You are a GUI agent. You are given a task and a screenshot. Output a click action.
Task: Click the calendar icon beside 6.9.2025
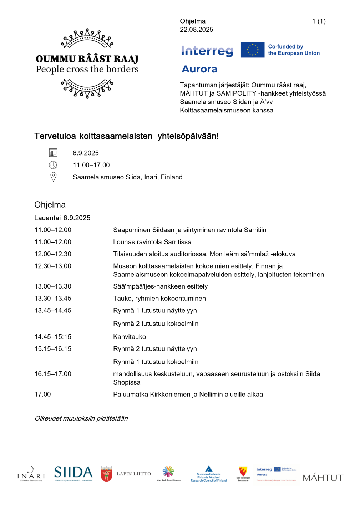pyautogui.click(x=53, y=153)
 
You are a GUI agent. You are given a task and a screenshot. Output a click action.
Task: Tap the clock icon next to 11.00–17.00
pyautogui.click(x=53, y=165)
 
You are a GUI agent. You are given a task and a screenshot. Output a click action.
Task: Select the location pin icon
pyautogui.click(x=54, y=177)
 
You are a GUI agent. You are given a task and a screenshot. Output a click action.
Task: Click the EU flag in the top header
pyautogui.click(x=252, y=50)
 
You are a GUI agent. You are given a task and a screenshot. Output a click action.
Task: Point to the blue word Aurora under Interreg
pyautogui.click(x=199, y=69)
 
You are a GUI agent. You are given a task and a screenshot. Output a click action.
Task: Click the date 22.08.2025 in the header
pyautogui.click(x=196, y=30)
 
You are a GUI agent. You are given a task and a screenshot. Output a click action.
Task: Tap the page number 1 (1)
pyautogui.click(x=319, y=21)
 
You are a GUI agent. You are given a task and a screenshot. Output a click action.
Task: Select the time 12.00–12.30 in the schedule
pyautogui.click(x=53, y=254)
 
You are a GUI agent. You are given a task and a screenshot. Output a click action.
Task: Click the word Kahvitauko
pyautogui.click(x=130, y=337)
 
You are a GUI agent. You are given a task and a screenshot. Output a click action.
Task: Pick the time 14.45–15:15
pyautogui.click(x=53, y=337)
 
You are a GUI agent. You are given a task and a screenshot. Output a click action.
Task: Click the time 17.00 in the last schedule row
pyautogui.click(x=42, y=394)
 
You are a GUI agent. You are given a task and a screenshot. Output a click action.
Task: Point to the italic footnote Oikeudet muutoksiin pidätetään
pyautogui.click(x=81, y=418)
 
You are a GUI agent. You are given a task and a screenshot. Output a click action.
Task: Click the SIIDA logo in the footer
pyautogui.click(x=73, y=473)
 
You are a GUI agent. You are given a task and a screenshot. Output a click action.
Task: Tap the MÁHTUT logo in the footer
pyautogui.click(x=323, y=478)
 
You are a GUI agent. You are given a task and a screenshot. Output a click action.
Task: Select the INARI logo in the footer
pyautogui.click(x=31, y=474)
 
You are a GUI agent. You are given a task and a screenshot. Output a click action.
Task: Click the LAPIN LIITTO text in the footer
pyautogui.click(x=133, y=474)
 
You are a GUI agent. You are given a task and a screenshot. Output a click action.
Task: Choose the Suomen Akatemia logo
pyautogui.click(x=209, y=474)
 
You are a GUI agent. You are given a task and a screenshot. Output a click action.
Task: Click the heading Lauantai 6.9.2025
pyautogui.click(x=62, y=218)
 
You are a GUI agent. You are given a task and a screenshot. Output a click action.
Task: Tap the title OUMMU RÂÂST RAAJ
pyautogui.click(x=87, y=59)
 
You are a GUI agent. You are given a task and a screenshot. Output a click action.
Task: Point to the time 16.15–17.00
pyautogui.click(x=53, y=374)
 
